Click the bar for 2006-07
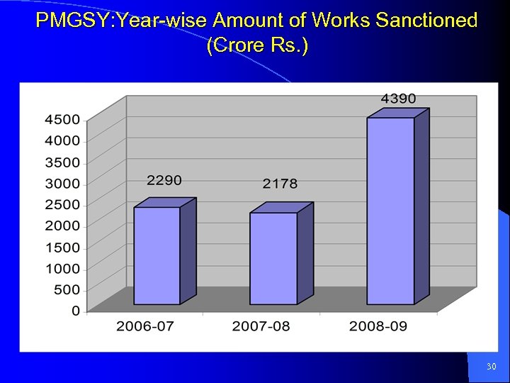157,255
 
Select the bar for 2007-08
273,258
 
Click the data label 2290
164,181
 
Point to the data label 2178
280,184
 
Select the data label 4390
398,99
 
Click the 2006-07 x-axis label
145,326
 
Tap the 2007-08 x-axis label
261,326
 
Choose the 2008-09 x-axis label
378,326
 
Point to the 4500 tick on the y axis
63,120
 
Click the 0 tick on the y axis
75,311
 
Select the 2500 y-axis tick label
63,205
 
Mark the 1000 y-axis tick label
63,269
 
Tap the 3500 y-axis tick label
63,162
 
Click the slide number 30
492,367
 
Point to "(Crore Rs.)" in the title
257,46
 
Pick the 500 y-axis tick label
67,290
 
